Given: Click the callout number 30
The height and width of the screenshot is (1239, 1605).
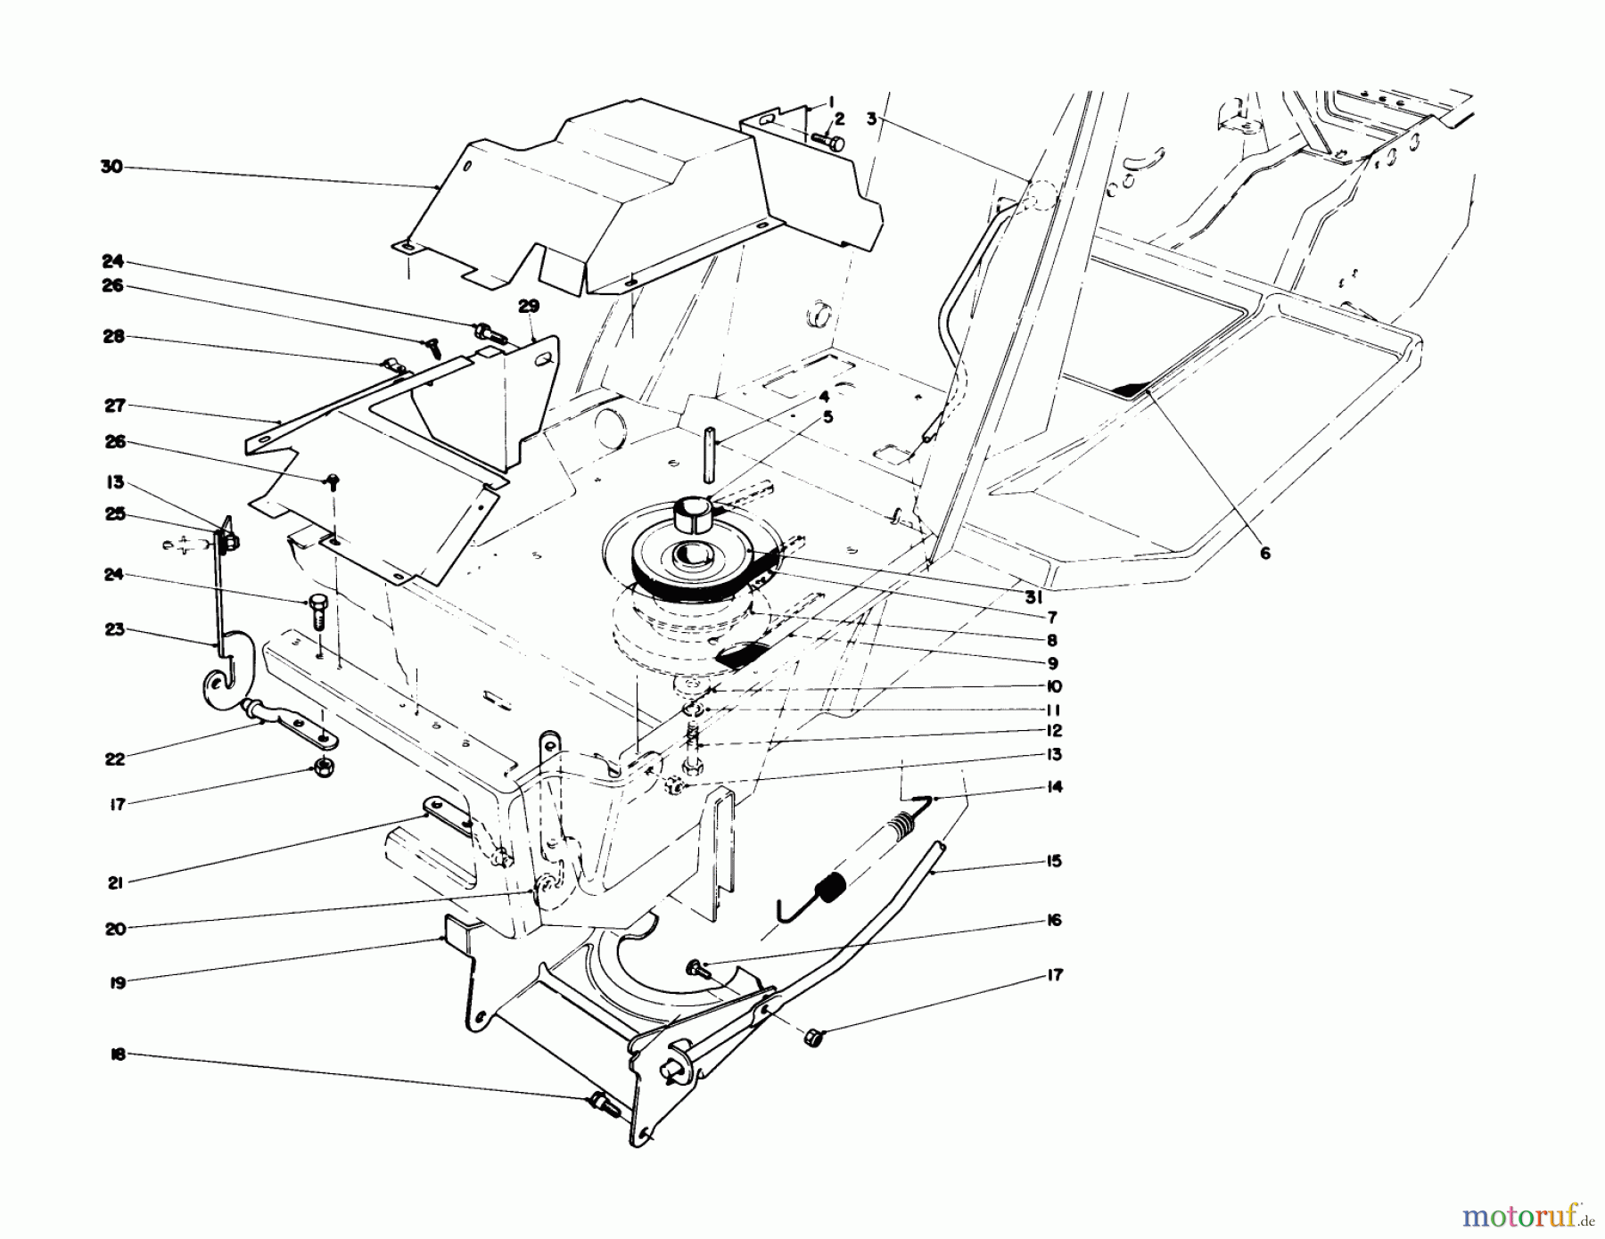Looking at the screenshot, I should tap(111, 167).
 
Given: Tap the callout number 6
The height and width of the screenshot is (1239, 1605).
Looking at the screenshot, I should tap(1264, 554).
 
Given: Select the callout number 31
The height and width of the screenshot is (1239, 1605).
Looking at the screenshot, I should tap(1033, 598).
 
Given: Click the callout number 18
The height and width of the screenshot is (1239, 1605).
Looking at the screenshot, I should tap(118, 1054).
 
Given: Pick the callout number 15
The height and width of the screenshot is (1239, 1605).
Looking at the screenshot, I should tap(1055, 861).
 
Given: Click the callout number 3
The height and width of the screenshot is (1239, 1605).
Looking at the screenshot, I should tap(870, 117).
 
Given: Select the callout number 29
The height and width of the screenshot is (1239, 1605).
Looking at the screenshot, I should tap(529, 306).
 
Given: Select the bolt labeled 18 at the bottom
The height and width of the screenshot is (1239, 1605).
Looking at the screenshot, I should tap(604, 1105).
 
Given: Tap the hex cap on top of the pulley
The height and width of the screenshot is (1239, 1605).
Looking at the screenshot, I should tap(691, 514).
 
